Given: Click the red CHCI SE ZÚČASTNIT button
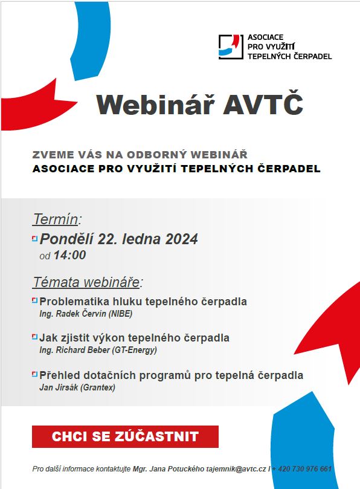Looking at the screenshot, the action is [x=125, y=436].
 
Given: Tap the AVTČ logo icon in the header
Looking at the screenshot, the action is [x=231, y=47].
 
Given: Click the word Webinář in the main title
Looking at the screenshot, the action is [x=155, y=105].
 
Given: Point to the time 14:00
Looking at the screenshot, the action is [x=69, y=255].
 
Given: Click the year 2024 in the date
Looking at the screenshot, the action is [x=181, y=239].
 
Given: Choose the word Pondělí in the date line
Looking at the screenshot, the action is [x=66, y=239].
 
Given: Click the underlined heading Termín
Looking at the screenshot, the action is [x=55, y=219].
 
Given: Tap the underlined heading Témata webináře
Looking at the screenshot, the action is [x=86, y=282].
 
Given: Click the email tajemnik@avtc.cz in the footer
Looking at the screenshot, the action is [x=236, y=468].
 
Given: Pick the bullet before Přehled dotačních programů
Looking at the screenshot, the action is [x=34, y=374].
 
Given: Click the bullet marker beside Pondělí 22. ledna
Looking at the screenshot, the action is [x=34, y=239].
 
